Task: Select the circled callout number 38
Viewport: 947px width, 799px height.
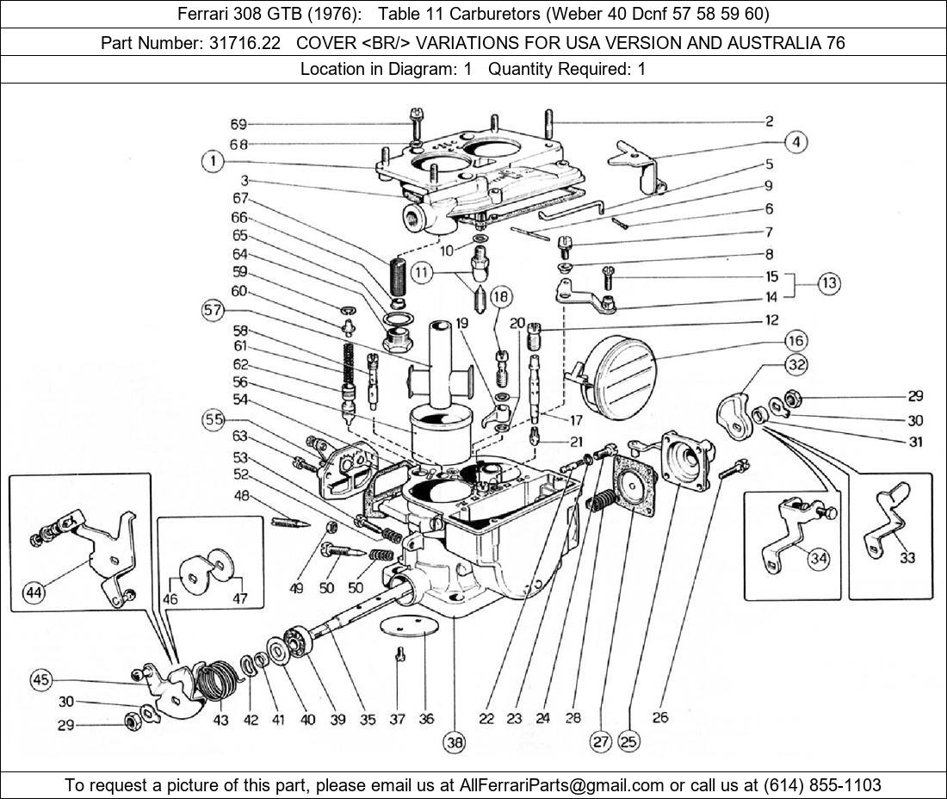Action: pyautogui.click(x=454, y=740)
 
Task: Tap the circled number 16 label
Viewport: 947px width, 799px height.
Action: pyautogui.click(x=795, y=340)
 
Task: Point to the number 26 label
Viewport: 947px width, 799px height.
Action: pyautogui.click(x=659, y=718)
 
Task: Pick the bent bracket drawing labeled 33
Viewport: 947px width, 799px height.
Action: pyautogui.click(x=887, y=517)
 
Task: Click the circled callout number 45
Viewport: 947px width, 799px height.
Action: pyautogui.click(x=41, y=680)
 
